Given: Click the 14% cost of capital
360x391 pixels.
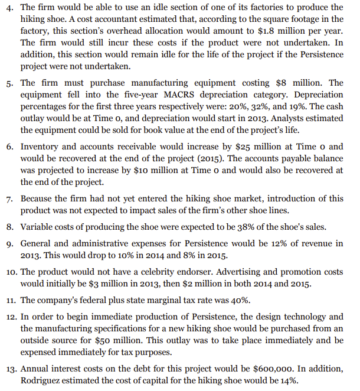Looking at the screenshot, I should (x=289, y=380).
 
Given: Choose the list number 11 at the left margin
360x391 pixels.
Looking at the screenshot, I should (x=10, y=302).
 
